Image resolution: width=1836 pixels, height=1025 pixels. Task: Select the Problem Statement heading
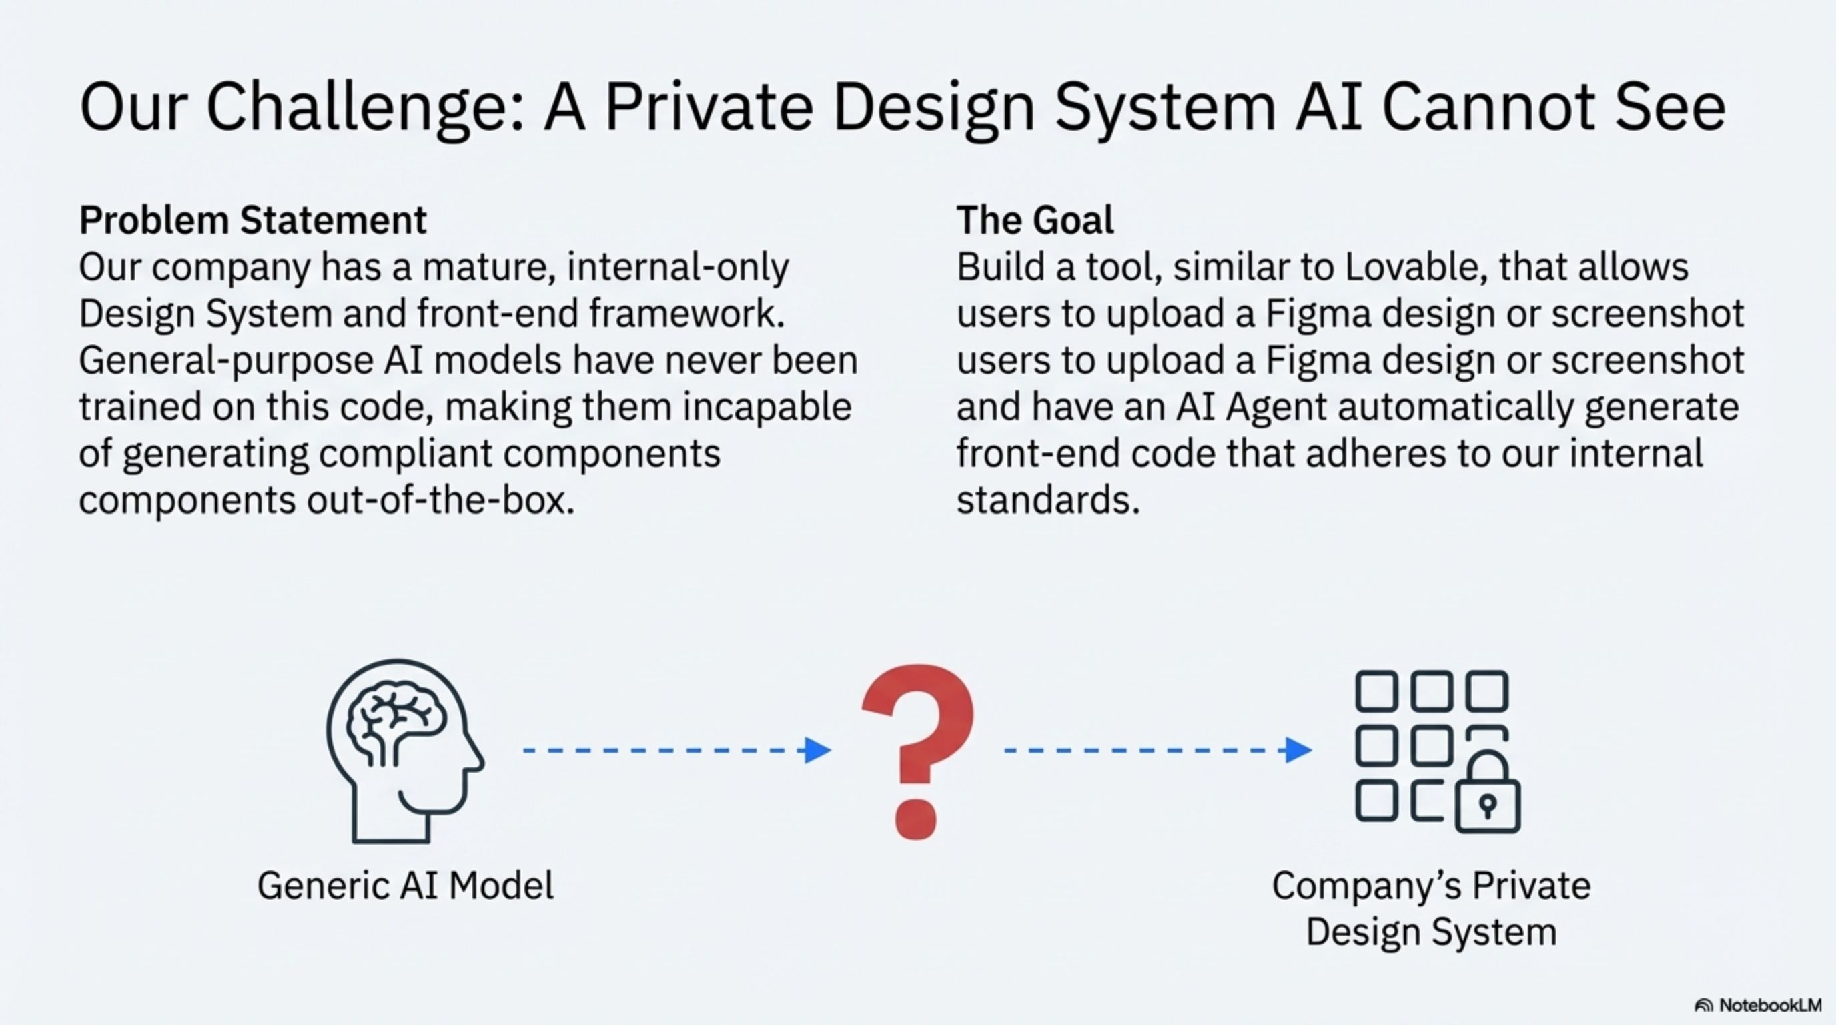tap(253, 220)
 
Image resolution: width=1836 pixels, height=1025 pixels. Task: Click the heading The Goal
tap(1035, 220)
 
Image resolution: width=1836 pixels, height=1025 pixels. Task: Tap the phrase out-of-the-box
tap(440, 500)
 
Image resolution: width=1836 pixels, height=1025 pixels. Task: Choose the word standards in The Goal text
tap(1047, 500)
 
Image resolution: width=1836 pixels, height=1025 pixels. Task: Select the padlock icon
tap(1488, 795)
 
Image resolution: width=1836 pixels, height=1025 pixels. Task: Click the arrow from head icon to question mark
tap(677, 750)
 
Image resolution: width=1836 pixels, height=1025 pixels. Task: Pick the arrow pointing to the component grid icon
tap(1158, 750)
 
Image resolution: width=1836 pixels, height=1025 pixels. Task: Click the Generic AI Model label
tap(406, 886)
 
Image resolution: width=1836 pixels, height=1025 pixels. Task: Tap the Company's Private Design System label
tap(1431, 909)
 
